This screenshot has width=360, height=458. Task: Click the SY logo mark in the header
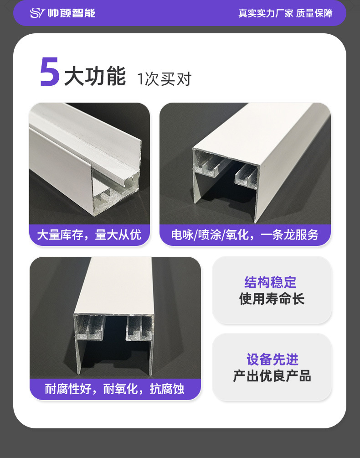tap(37, 13)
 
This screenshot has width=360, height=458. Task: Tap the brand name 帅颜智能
tap(72, 13)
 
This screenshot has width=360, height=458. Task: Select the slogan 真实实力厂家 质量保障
tap(285, 13)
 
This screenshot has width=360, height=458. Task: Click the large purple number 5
tap(50, 72)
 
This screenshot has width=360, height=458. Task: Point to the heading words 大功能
tap(95, 76)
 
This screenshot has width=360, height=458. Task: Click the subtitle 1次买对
tap(164, 79)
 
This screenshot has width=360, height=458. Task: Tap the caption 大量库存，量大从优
tap(89, 235)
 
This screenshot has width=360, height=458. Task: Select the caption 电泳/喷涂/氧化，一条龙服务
tap(245, 235)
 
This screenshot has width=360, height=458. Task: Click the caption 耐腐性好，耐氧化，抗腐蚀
tap(115, 389)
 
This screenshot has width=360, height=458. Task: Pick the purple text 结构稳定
tap(270, 282)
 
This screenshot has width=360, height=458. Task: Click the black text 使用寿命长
tap(272, 299)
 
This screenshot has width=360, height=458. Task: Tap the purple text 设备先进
tap(273, 359)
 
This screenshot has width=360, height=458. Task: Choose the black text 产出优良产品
tap(272, 376)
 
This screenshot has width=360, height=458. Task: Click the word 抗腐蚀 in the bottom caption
tap(167, 389)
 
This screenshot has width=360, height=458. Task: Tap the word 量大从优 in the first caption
tap(118, 235)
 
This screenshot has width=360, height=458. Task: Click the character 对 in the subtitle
tap(184, 79)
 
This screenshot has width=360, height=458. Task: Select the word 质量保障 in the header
tap(314, 13)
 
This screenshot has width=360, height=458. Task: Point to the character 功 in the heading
tap(95, 76)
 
